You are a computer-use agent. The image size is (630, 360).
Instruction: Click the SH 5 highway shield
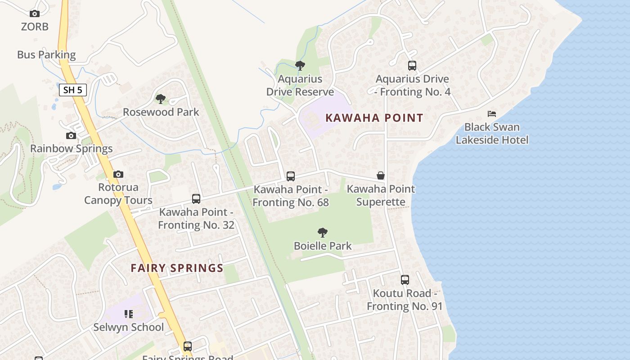[72, 90]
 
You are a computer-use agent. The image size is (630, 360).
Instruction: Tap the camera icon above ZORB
[35, 14]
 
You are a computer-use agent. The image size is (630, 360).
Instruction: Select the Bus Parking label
[46, 55]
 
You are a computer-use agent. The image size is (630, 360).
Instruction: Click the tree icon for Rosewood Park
[161, 99]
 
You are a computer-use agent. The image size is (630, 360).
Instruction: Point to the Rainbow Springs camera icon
[71, 135]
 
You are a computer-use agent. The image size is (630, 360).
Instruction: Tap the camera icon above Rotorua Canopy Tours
[118, 174]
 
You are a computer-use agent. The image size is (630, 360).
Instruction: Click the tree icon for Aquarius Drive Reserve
[300, 66]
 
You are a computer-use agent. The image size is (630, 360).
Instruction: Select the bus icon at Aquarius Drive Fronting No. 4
[412, 66]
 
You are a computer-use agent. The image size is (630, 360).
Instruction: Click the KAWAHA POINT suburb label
[374, 118]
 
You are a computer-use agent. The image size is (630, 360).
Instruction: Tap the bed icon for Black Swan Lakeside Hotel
[492, 114]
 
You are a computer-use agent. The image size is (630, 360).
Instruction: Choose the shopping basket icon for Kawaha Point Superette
[381, 175]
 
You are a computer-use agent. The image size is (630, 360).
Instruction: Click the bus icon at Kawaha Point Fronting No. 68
[291, 176]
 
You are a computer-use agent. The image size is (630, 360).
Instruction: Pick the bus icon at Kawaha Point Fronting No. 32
[196, 198]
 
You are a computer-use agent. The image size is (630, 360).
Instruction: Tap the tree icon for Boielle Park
[322, 233]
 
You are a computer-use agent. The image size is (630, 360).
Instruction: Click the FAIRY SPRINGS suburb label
[177, 268]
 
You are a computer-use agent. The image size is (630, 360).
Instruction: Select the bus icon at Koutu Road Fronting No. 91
[405, 280]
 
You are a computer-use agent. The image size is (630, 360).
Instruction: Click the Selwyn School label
[128, 327]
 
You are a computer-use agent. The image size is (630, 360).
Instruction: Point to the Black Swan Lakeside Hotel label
[492, 134]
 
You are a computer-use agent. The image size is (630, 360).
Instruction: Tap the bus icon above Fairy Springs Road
[188, 346]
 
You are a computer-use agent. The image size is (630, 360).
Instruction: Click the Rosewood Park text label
[161, 112]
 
